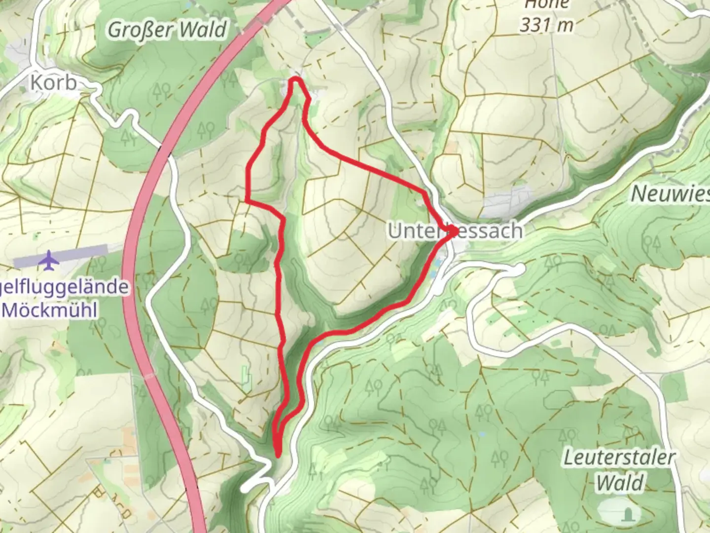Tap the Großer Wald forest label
[x=167, y=31]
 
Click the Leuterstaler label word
[x=618, y=457]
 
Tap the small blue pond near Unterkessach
[x=433, y=274]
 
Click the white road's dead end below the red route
[x=245, y=489]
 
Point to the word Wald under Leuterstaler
[x=620, y=482]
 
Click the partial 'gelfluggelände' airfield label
[x=64, y=287]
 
